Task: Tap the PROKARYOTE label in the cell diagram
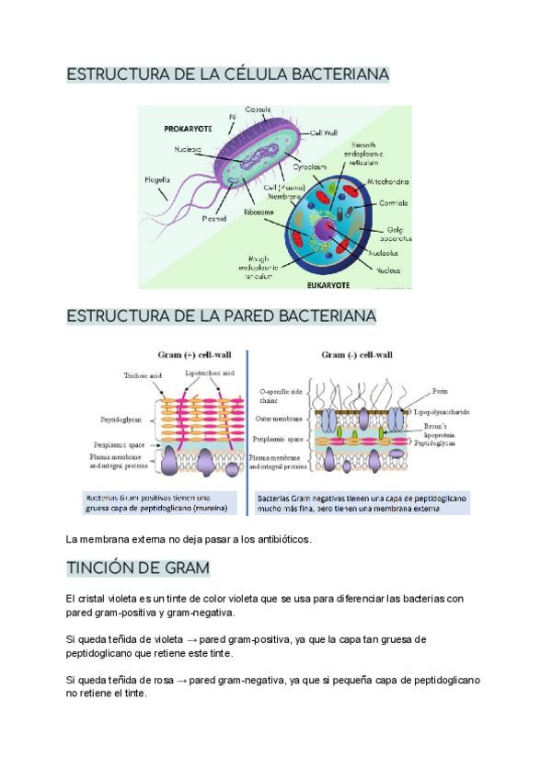click(188, 130)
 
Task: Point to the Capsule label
click(257, 109)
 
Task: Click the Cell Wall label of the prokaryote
click(324, 132)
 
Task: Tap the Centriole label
click(392, 202)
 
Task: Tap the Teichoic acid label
click(142, 375)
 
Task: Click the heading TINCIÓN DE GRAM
click(139, 567)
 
